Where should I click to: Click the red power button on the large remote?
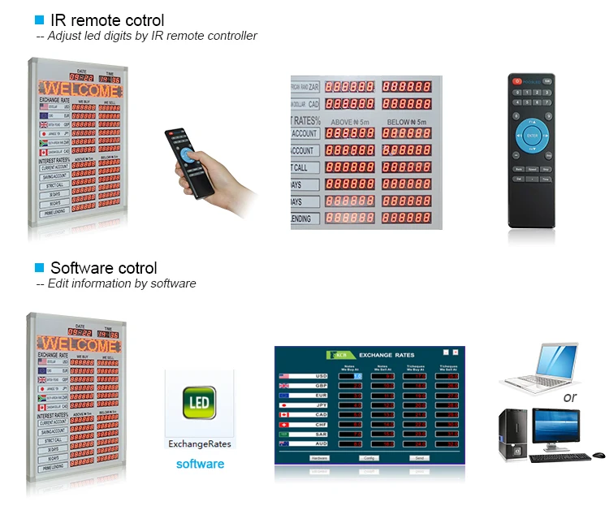[x=516, y=80]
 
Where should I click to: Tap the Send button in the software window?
[x=419, y=458]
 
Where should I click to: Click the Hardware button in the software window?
[x=320, y=458]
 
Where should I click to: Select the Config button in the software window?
[x=369, y=458]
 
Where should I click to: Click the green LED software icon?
[x=200, y=404]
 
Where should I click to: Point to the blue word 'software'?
[x=200, y=464]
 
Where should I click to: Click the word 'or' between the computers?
[x=570, y=397]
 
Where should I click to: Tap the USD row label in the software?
[x=321, y=376]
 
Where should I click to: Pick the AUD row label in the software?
[x=321, y=443]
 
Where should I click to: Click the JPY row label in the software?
[x=321, y=404]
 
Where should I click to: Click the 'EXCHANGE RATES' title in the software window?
[x=387, y=356]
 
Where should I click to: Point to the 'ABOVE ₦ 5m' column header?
[x=349, y=121]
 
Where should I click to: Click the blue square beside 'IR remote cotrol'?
[x=39, y=19]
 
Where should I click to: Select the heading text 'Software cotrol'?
[x=103, y=268]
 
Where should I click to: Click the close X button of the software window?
[x=456, y=352]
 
